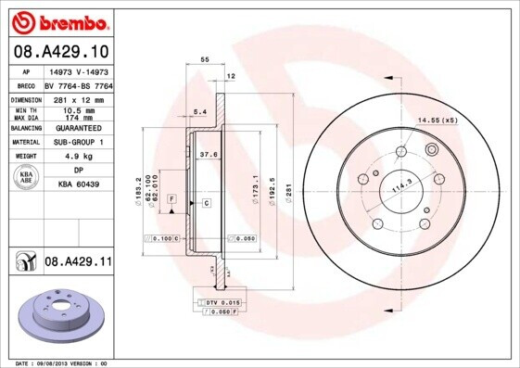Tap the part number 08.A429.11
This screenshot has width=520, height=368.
78,263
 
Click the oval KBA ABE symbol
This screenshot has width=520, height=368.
25,178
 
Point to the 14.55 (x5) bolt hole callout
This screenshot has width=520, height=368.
438,121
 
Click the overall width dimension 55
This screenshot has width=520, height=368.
204,58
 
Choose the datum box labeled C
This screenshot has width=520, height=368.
206,202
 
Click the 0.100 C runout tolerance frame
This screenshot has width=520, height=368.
160,238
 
